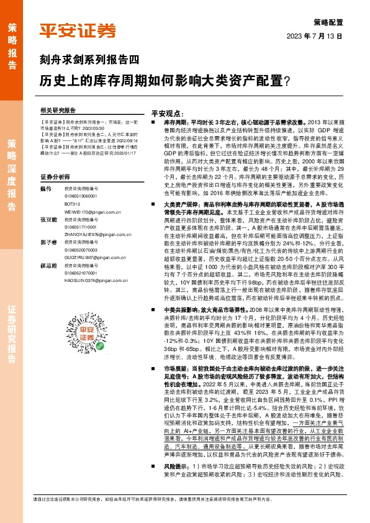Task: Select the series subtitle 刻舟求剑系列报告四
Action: point(89,60)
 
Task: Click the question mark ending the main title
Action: point(286,80)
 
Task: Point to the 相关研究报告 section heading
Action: point(57,110)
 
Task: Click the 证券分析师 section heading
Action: point(54,176)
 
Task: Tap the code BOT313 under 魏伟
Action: point(73,202)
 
